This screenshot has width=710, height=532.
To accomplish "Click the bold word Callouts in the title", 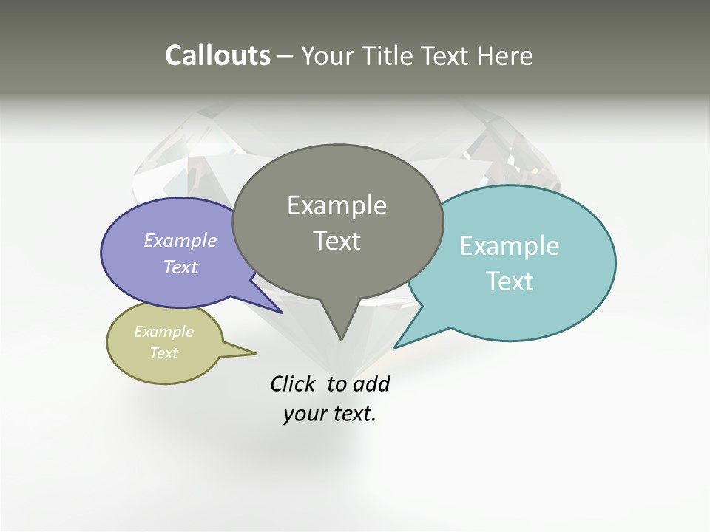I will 217,55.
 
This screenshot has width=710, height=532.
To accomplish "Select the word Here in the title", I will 506,55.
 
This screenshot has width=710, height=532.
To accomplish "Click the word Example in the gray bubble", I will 337,205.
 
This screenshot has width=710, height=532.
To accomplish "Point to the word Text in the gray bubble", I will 337,241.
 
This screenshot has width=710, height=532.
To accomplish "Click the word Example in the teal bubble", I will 510,246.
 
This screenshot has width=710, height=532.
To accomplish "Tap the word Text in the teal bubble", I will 510,282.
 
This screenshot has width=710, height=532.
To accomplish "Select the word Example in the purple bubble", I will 180,241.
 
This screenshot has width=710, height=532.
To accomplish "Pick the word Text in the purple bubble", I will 180,267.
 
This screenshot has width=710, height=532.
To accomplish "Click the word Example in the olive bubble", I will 163,332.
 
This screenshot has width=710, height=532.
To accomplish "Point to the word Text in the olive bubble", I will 163,353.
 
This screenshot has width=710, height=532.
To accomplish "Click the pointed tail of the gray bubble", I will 340,329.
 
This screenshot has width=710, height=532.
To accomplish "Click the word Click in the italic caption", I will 292,384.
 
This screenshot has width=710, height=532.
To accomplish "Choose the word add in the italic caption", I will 371,384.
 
